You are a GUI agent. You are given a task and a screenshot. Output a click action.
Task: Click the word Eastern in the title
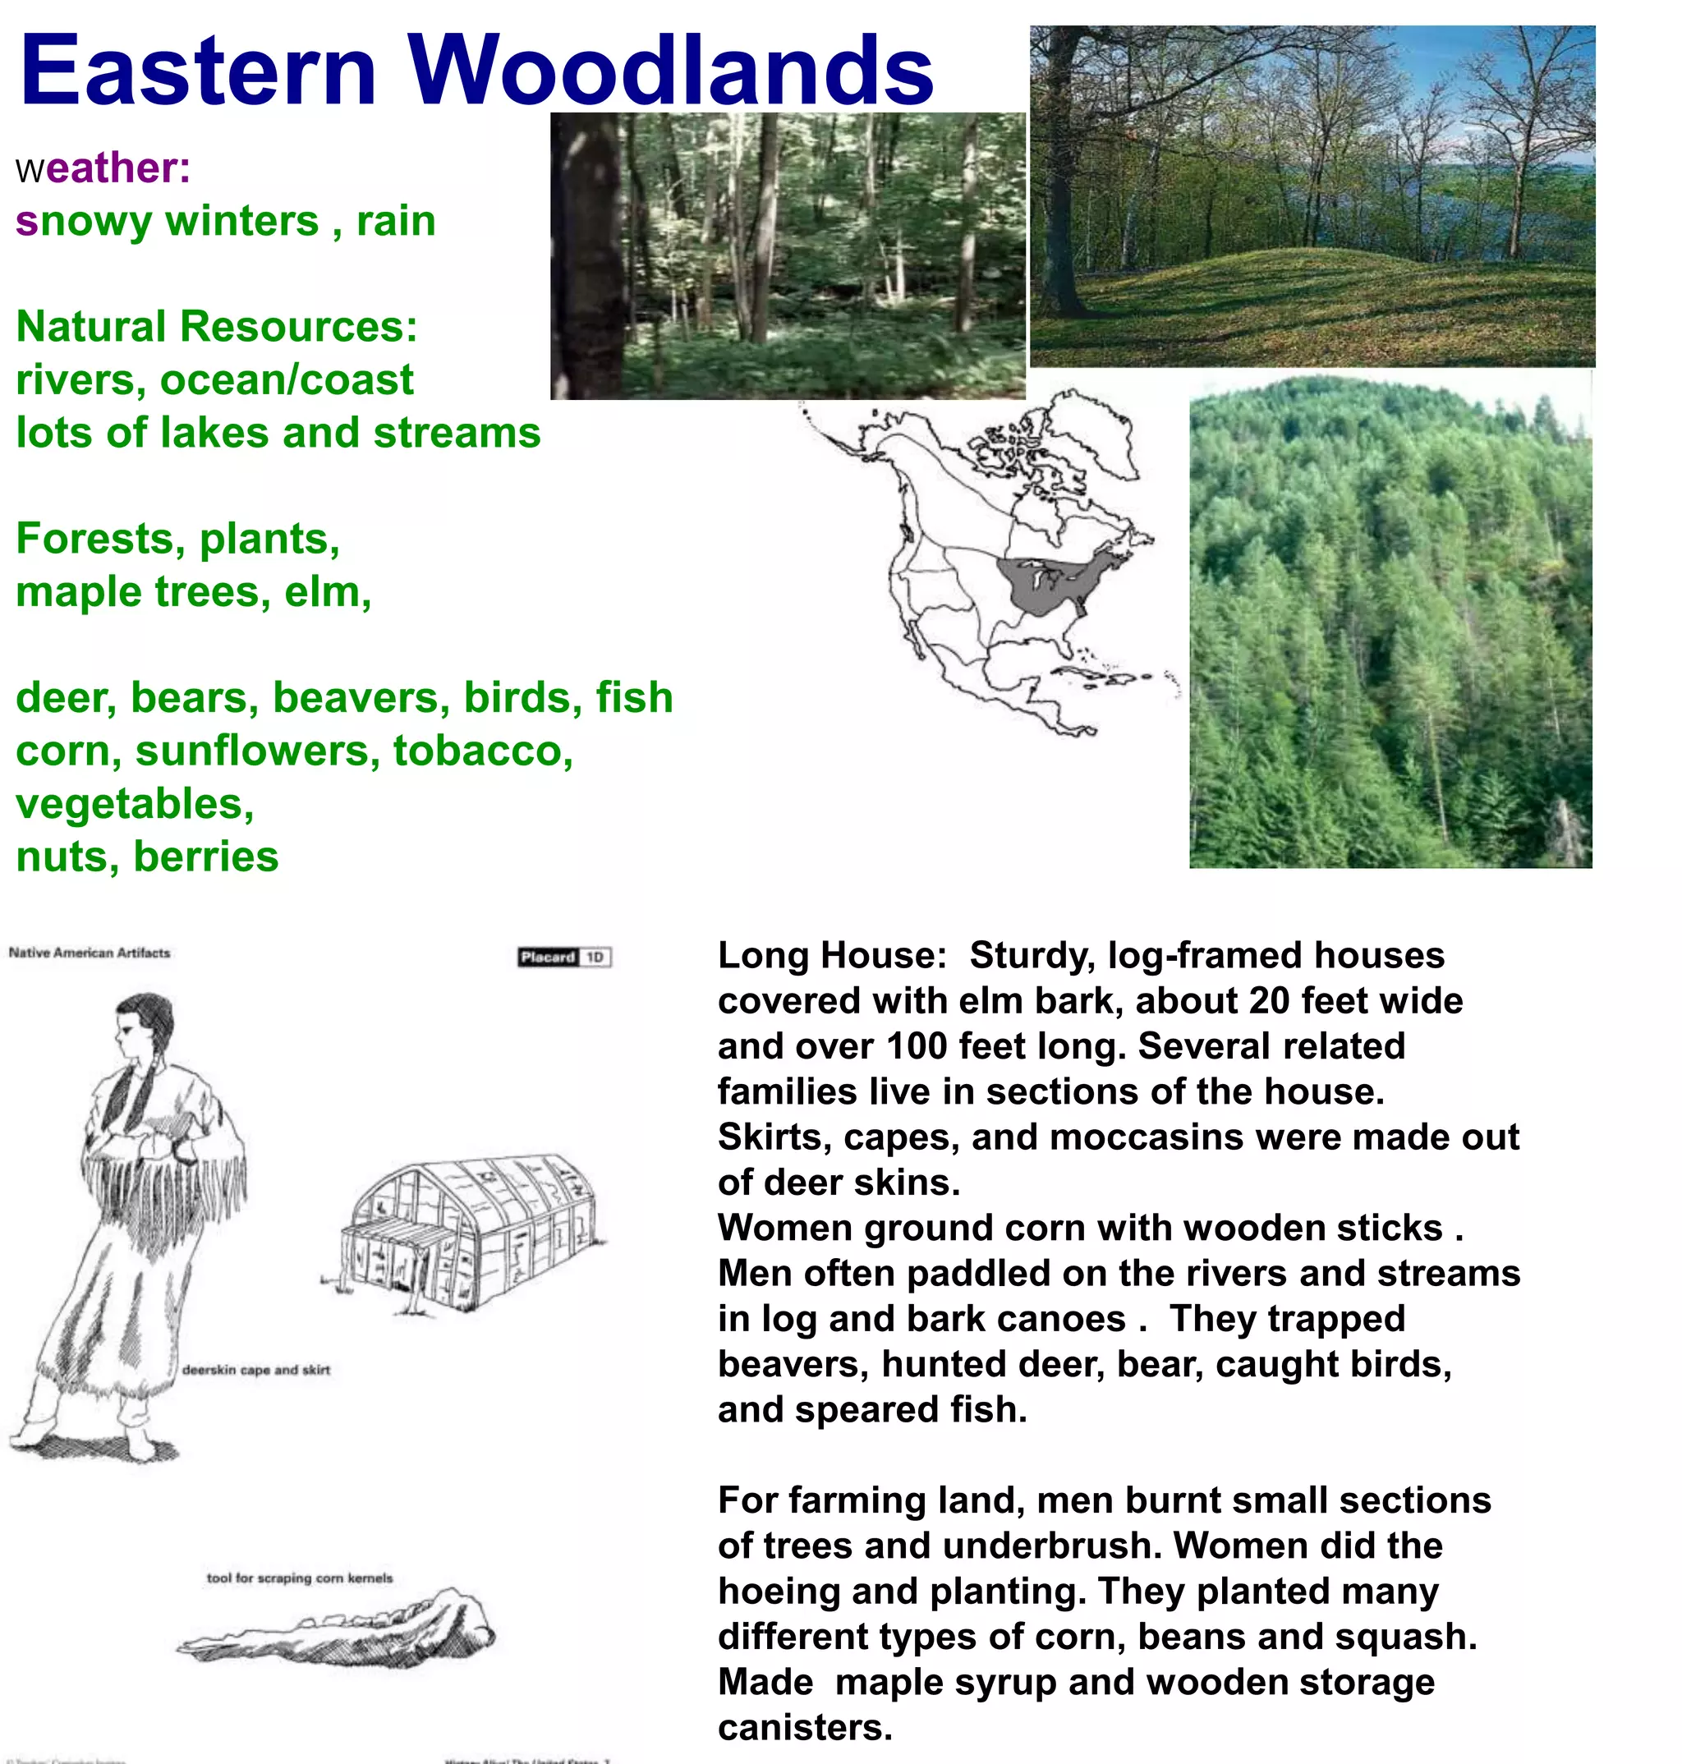click(x=198, y=70)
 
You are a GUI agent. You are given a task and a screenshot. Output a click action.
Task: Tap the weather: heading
click(x=103, y=168)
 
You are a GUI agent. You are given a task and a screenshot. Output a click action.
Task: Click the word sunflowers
click(x=252, y=751)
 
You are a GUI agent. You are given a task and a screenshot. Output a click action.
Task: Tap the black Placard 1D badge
click(x=565, y=958)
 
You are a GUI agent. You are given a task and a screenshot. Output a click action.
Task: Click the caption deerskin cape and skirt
click(x=255, y=1370)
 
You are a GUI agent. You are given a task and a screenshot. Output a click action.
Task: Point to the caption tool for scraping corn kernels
click(x=300, y=1578)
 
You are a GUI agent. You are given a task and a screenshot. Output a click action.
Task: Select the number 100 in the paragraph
click(x=917, y=1046)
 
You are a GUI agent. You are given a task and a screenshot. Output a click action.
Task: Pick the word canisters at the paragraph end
click(x=804, y=1727)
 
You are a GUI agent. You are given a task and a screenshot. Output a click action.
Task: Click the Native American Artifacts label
click(x=89, y=953)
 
